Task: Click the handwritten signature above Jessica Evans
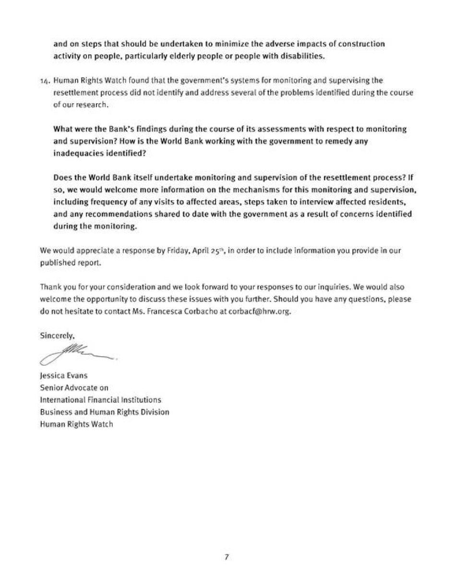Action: click(77, 354)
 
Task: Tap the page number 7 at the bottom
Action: click(227, 557)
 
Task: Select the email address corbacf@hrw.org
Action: click(261, 311)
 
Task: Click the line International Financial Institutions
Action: click(100, 399)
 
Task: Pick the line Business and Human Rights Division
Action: click(104, 412)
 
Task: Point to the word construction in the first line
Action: click(361, 44)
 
